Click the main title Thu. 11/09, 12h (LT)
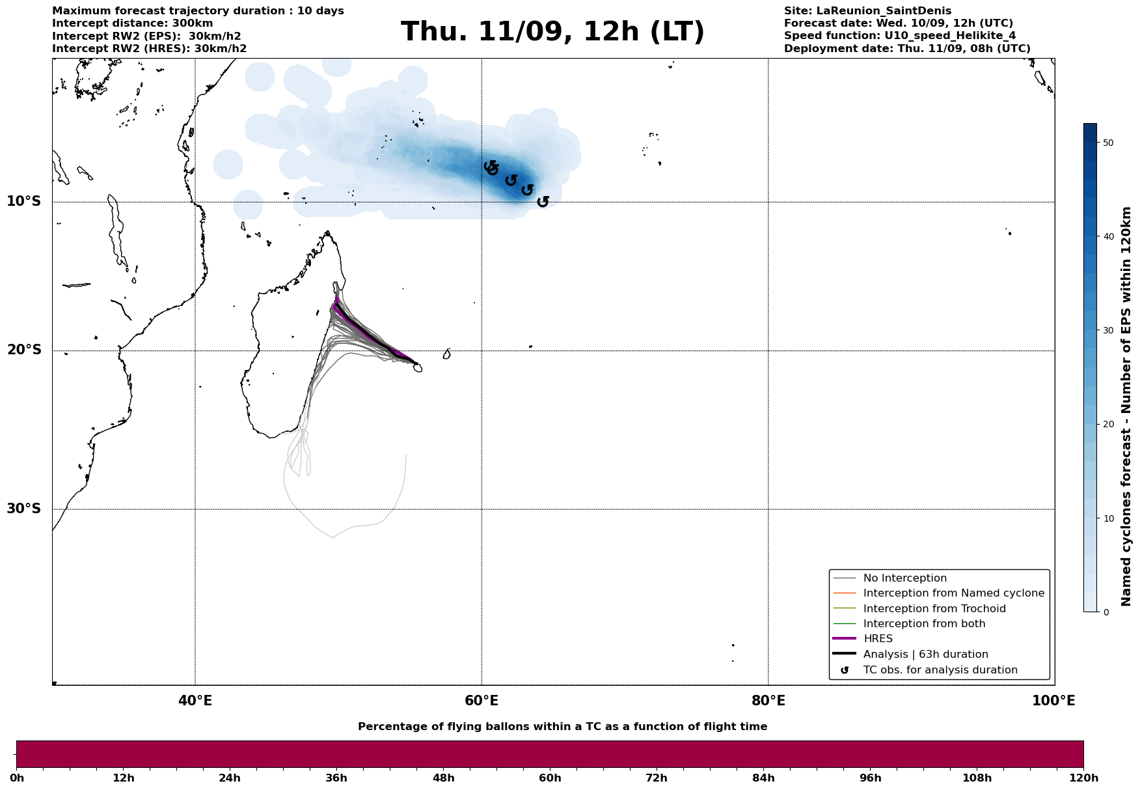(552, 32)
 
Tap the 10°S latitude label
(24, 201)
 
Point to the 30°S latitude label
(24, 509)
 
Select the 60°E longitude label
(482, 701)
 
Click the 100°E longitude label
(1053, 701)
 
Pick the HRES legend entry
(878, 639)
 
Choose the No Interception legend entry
(904, 578)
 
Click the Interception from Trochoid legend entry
(934, 609)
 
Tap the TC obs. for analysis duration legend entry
(940, 670)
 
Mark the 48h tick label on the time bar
(443, 778)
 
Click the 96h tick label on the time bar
(871, 778)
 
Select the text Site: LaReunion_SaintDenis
(867, 11)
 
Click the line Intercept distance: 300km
(132, 23)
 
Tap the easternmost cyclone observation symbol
(543, 201)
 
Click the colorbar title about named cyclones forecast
(1126, 406)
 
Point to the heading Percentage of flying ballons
(562, 727)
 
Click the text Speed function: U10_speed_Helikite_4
(899, 36)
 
